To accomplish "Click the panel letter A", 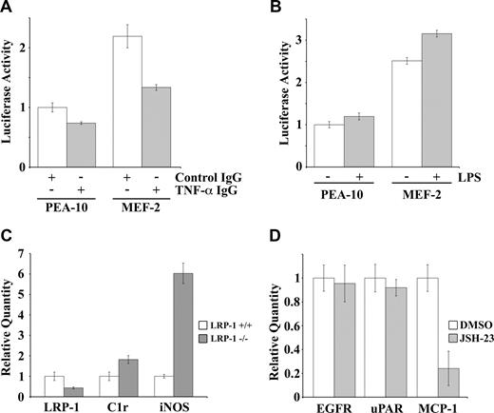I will coord(9,10).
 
